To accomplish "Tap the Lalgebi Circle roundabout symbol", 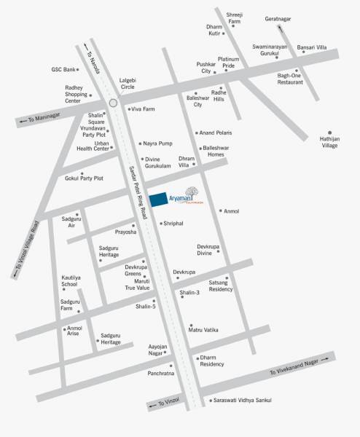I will (113, 103).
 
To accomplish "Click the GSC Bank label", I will (64, 69).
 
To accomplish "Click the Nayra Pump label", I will (157, 143).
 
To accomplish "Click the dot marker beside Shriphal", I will (161, 224).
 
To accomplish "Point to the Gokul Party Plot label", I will (84, 178).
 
